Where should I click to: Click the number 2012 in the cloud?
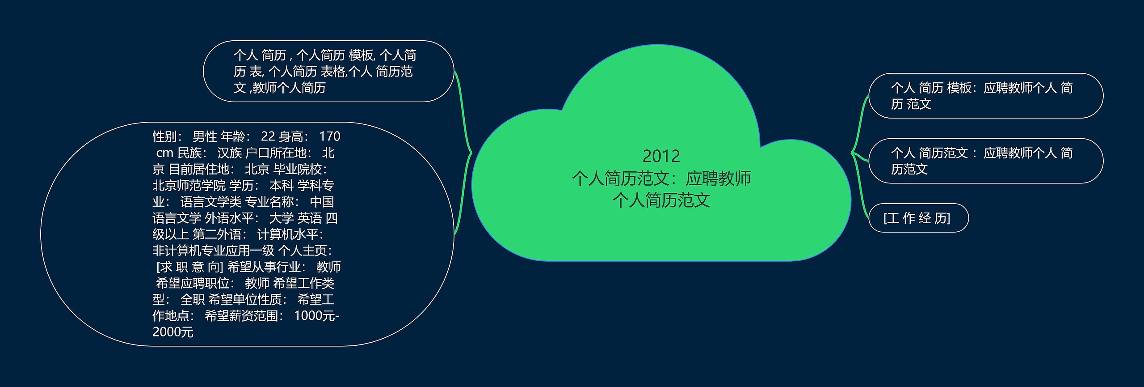(x=661, y=156)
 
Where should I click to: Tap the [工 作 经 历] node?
(x=918, y=218)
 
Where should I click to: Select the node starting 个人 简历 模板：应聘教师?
(x=986, y=96)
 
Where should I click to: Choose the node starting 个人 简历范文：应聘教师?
(x=986, y=161)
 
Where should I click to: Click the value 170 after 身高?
(x=330, y=136)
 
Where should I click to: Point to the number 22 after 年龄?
(x=268, y=136)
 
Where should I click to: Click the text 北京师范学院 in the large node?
(x=189, y=185)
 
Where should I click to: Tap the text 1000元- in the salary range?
(x=317, y=315)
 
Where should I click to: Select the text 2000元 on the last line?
(x=173, y=332)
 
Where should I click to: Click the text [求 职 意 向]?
(x=189, y=267)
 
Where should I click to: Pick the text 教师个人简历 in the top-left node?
(x=289, y=88)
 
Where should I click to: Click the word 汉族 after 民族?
(x=229, y=153)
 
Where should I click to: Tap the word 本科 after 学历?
(x=282, y=185)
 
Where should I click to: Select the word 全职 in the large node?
(x=193, y=299)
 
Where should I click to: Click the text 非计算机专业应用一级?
(x=213, y=251)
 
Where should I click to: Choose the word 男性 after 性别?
(x=205, y=136)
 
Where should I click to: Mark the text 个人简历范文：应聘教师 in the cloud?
(x=661, y=179)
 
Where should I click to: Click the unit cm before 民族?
(x=164, y=153)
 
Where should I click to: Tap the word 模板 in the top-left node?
(x=361, y=55)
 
